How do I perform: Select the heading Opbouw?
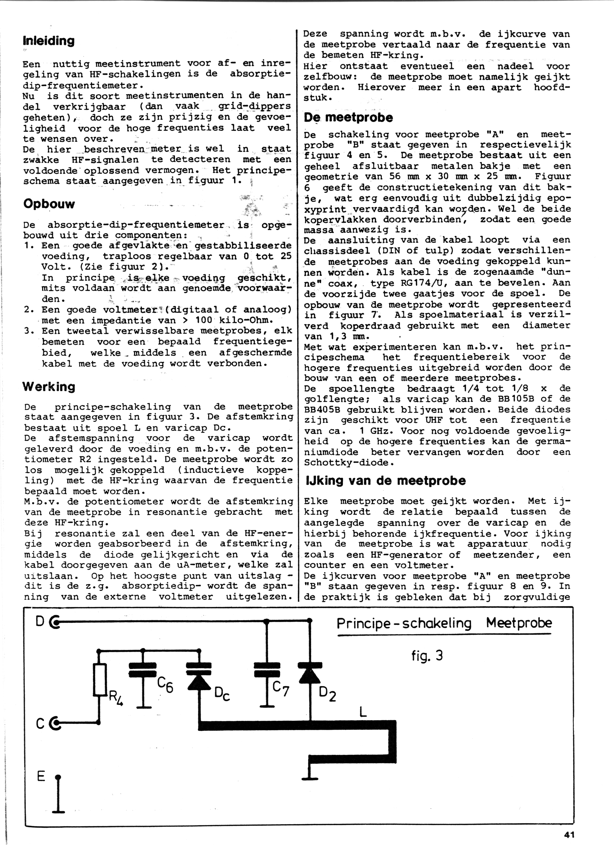click(49, 204)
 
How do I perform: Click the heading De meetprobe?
click(348, 118)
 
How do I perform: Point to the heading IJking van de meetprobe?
click(385, 481)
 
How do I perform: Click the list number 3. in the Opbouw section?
click(29, 331)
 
